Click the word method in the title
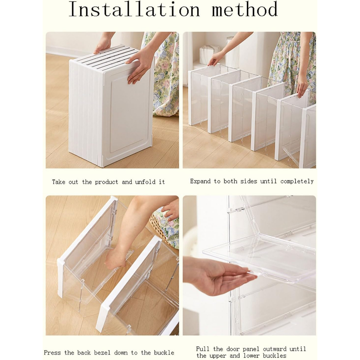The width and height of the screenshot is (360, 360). [245, 9]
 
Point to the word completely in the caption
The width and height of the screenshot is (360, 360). [297, 182]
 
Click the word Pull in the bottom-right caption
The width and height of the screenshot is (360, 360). [203, 349]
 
